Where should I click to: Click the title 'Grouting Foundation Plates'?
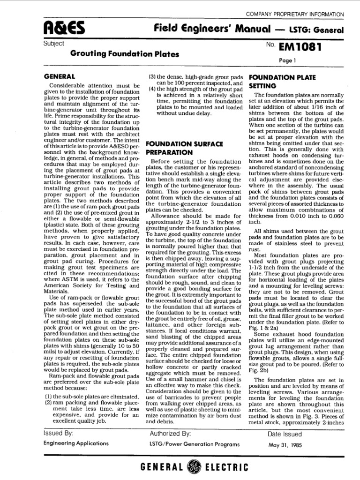click(125, 54)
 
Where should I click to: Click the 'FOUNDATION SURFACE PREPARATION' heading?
click(175, 148)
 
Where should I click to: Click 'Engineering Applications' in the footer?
click(76, 442)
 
